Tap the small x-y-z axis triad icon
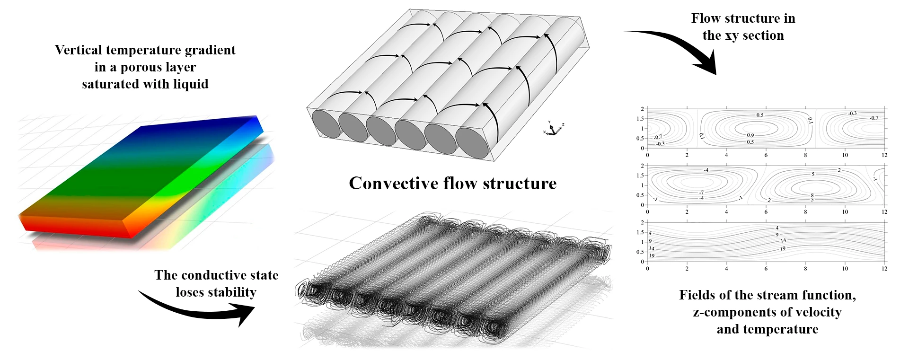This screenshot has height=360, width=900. (553, 129)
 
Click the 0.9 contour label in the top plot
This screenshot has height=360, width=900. (750, 135)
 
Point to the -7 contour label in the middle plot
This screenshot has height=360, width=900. (701, 193)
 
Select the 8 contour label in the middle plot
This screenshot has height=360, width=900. (812, 195)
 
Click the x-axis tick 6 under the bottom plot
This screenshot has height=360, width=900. (766, 269)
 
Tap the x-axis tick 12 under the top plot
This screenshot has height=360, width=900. (884, 155)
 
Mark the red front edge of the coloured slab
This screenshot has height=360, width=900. (76, 227)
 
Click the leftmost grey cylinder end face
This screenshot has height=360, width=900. (326, 124)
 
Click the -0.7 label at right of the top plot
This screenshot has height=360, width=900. (874, 118)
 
